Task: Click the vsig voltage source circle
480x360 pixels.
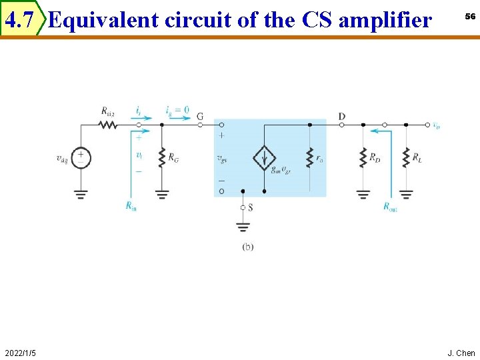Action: (x=81, y=158)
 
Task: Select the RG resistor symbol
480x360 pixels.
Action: (x=161, y=158)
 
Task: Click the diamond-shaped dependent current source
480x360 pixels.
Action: (x=264, y=159)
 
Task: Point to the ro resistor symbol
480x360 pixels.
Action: (x=309, y=159)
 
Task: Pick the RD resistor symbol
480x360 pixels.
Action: (x=363, y=159)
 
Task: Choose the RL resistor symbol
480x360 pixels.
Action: (x=405, y=159)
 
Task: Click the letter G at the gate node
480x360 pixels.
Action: (x=200, y=117)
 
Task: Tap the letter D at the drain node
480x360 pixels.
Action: (x=342, y=117)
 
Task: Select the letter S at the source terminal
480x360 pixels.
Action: (x=250, y=208)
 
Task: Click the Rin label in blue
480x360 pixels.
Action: (x=131, y=206)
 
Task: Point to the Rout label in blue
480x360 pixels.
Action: (x=390, y=207)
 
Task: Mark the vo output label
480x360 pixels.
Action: (x=436, y=124)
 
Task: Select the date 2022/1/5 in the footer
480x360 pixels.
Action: (x=20, y=352)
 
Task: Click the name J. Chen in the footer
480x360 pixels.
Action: (x=461, y=352)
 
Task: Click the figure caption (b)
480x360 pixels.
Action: (x=247, y=247)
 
